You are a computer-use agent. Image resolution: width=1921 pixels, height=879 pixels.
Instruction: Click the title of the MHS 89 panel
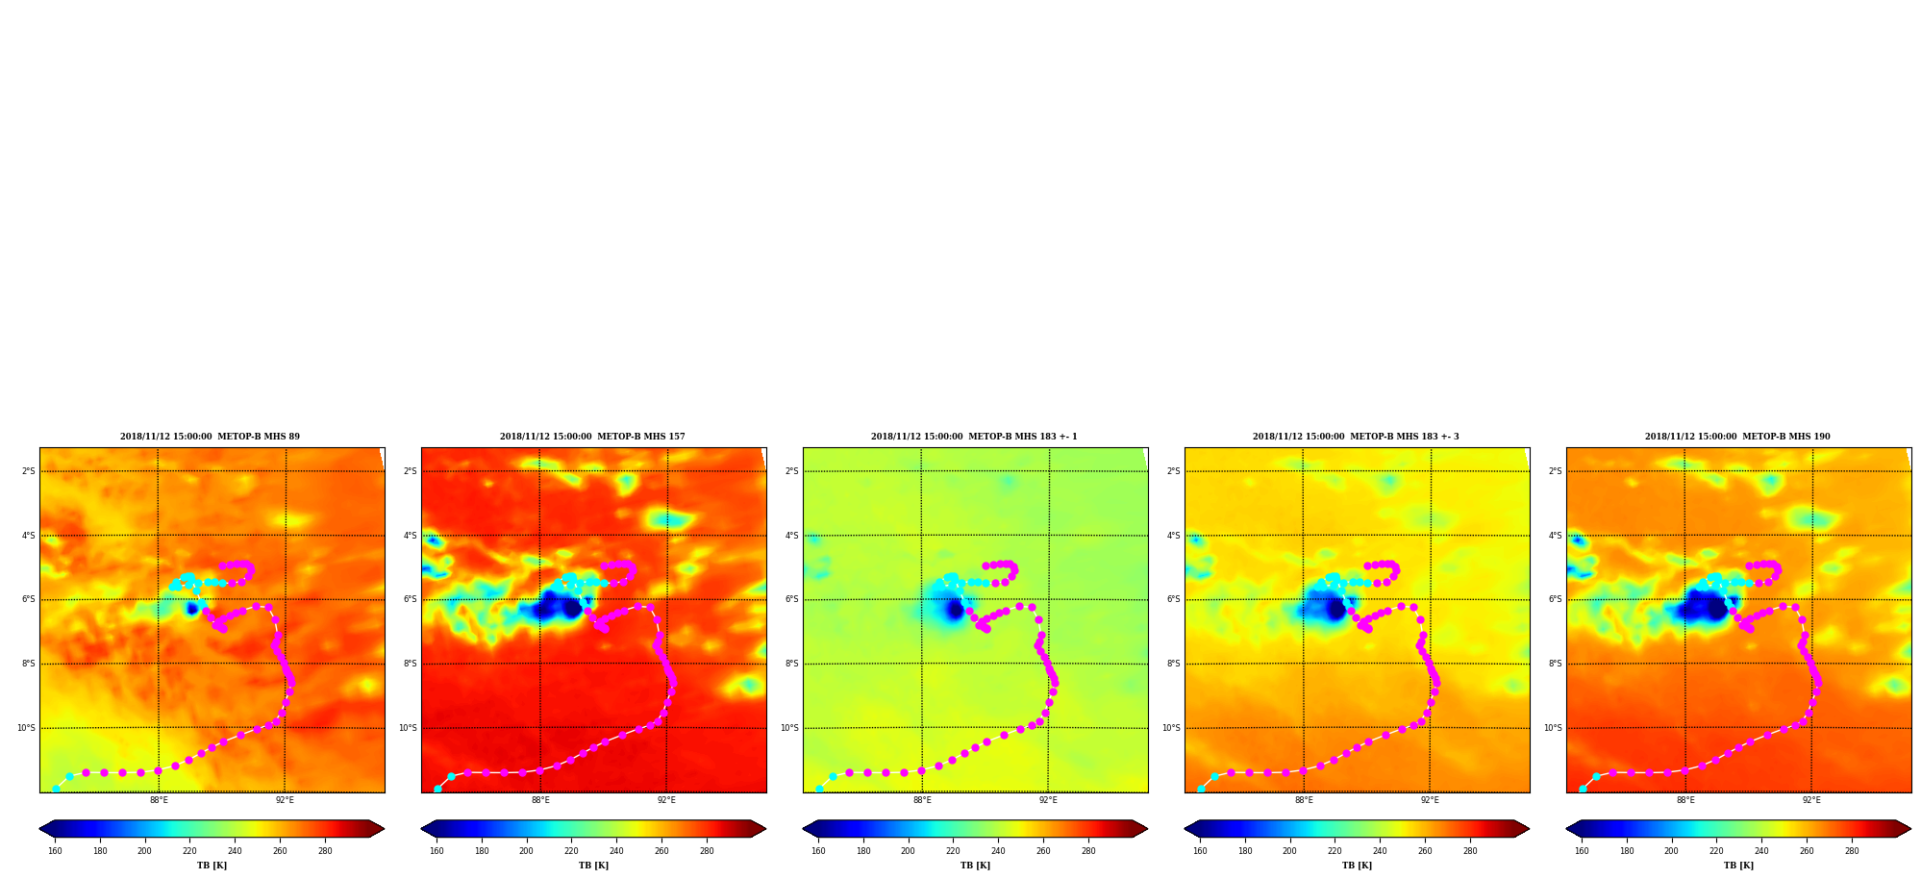tap(210, 437)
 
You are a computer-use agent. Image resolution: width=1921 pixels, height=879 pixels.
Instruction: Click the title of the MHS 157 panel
tap(592, 437)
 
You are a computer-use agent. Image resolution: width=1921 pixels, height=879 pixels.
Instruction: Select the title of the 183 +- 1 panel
tap(974, 437)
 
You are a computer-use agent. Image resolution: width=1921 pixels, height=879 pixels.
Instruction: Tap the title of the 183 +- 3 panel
tap(1356, 437)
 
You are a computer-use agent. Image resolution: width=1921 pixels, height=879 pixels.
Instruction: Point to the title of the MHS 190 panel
tap(1737, 437)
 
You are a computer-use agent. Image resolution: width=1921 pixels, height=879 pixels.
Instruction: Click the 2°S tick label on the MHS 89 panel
tap(29, 471)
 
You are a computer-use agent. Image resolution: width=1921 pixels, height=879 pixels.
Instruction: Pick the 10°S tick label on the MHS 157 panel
tap(408, 728)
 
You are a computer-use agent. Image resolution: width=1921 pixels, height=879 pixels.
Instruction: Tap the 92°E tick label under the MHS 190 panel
tap(1811, 800)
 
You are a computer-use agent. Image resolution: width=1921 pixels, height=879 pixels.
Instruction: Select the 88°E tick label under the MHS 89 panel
tap(159, 800)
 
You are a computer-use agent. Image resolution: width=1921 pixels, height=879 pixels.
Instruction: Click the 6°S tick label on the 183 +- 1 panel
tap(792, 599)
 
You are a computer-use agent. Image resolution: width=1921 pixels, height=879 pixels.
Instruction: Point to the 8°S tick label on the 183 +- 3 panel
tap(1174, 664)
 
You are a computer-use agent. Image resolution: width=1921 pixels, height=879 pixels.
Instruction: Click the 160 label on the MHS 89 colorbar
tap(55, 851)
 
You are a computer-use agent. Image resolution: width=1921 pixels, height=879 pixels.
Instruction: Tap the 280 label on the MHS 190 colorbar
tap(1852, 851)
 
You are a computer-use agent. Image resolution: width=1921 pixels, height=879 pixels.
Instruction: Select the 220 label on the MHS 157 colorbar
tap(571, 851)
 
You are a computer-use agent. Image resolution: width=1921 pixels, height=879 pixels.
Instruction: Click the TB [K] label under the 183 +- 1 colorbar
tap(975, 866)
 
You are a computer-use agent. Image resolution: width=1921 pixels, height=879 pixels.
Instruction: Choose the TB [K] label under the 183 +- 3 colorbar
tap(1357, 866)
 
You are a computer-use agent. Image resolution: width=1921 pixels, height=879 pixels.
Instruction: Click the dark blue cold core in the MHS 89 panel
tap(192, 609)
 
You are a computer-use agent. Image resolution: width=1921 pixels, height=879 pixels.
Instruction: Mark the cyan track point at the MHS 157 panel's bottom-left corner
tap(437, 789)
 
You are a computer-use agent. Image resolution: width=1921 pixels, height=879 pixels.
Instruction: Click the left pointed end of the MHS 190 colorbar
tap(1568, 829)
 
